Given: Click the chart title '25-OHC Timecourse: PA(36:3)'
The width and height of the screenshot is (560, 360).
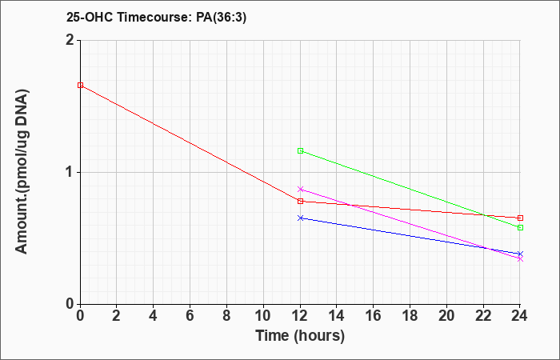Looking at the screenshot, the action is pyautogui.click(x=157, y=17).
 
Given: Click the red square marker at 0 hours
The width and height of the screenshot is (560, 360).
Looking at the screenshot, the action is pyautogui.click(x=80, y=86).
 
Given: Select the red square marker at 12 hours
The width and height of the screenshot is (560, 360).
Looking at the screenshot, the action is pyautogui.click(x=300, y=202).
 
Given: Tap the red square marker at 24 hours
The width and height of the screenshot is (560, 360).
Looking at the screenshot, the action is pyautogui.click(x=520, y=218).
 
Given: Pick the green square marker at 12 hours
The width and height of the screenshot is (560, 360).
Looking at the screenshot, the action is pyautogui.click(x=300, y=151).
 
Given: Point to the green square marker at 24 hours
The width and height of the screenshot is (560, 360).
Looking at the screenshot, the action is pyautogui.click(x=520, y=227).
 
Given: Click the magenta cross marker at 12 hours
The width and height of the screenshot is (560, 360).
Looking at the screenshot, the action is pyautogui.click(x=300, y=190).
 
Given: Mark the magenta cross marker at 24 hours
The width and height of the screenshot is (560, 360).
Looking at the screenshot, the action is pyautogui.click(x=520, y=259).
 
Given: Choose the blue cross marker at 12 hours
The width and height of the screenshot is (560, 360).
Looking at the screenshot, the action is pyautogui.click(x=300, y=218).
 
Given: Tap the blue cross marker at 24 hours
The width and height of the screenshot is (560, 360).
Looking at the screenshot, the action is pyautogui.click(x=520, y=254).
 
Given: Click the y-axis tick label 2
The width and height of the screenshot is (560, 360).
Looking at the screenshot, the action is pyautogui.click(x=70, y=40).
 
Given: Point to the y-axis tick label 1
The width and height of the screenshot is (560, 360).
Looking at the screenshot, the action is pyautogui.click(x=70, y=173).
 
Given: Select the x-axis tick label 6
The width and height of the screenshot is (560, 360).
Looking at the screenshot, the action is pyautogui.click(x=190, y=316).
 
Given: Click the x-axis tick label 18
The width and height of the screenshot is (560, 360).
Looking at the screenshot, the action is pyautogui.click(x=410, y=316).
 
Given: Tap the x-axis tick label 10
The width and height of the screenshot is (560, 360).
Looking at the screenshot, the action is pyautogui.click(x=263, y=316).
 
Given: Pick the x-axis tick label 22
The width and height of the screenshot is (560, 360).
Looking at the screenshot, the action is pyautogui.click(x=483, y=316).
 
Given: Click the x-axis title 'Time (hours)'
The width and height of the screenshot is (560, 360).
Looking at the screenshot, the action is pyautogui.click(x=300, y=336).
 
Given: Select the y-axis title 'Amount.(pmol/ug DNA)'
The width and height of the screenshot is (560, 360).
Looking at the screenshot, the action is pyautogui.click(x=22, y=171).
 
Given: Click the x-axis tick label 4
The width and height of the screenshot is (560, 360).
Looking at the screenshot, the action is pyautogui.click(x=154, y=316).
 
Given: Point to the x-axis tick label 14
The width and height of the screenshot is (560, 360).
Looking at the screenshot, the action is pyautogui.click(x=337, y=316).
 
